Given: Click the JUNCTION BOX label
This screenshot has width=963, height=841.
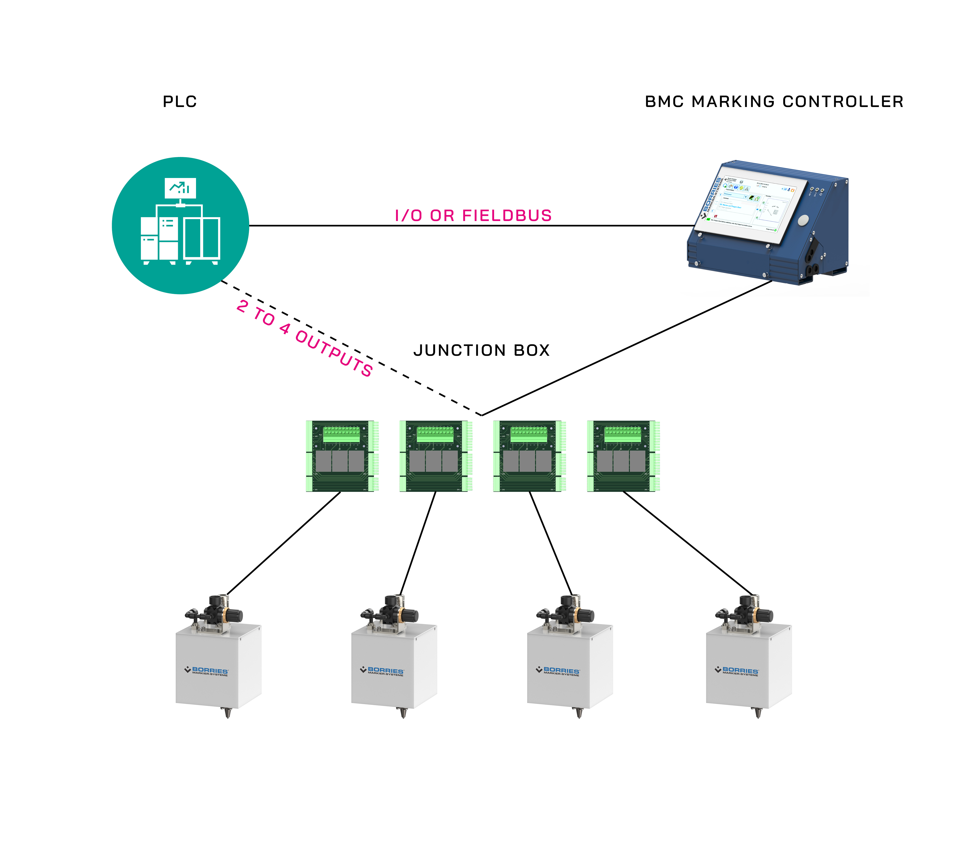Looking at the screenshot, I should click(481, 350).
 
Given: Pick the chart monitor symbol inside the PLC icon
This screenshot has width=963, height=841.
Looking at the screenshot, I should click(180, 188).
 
